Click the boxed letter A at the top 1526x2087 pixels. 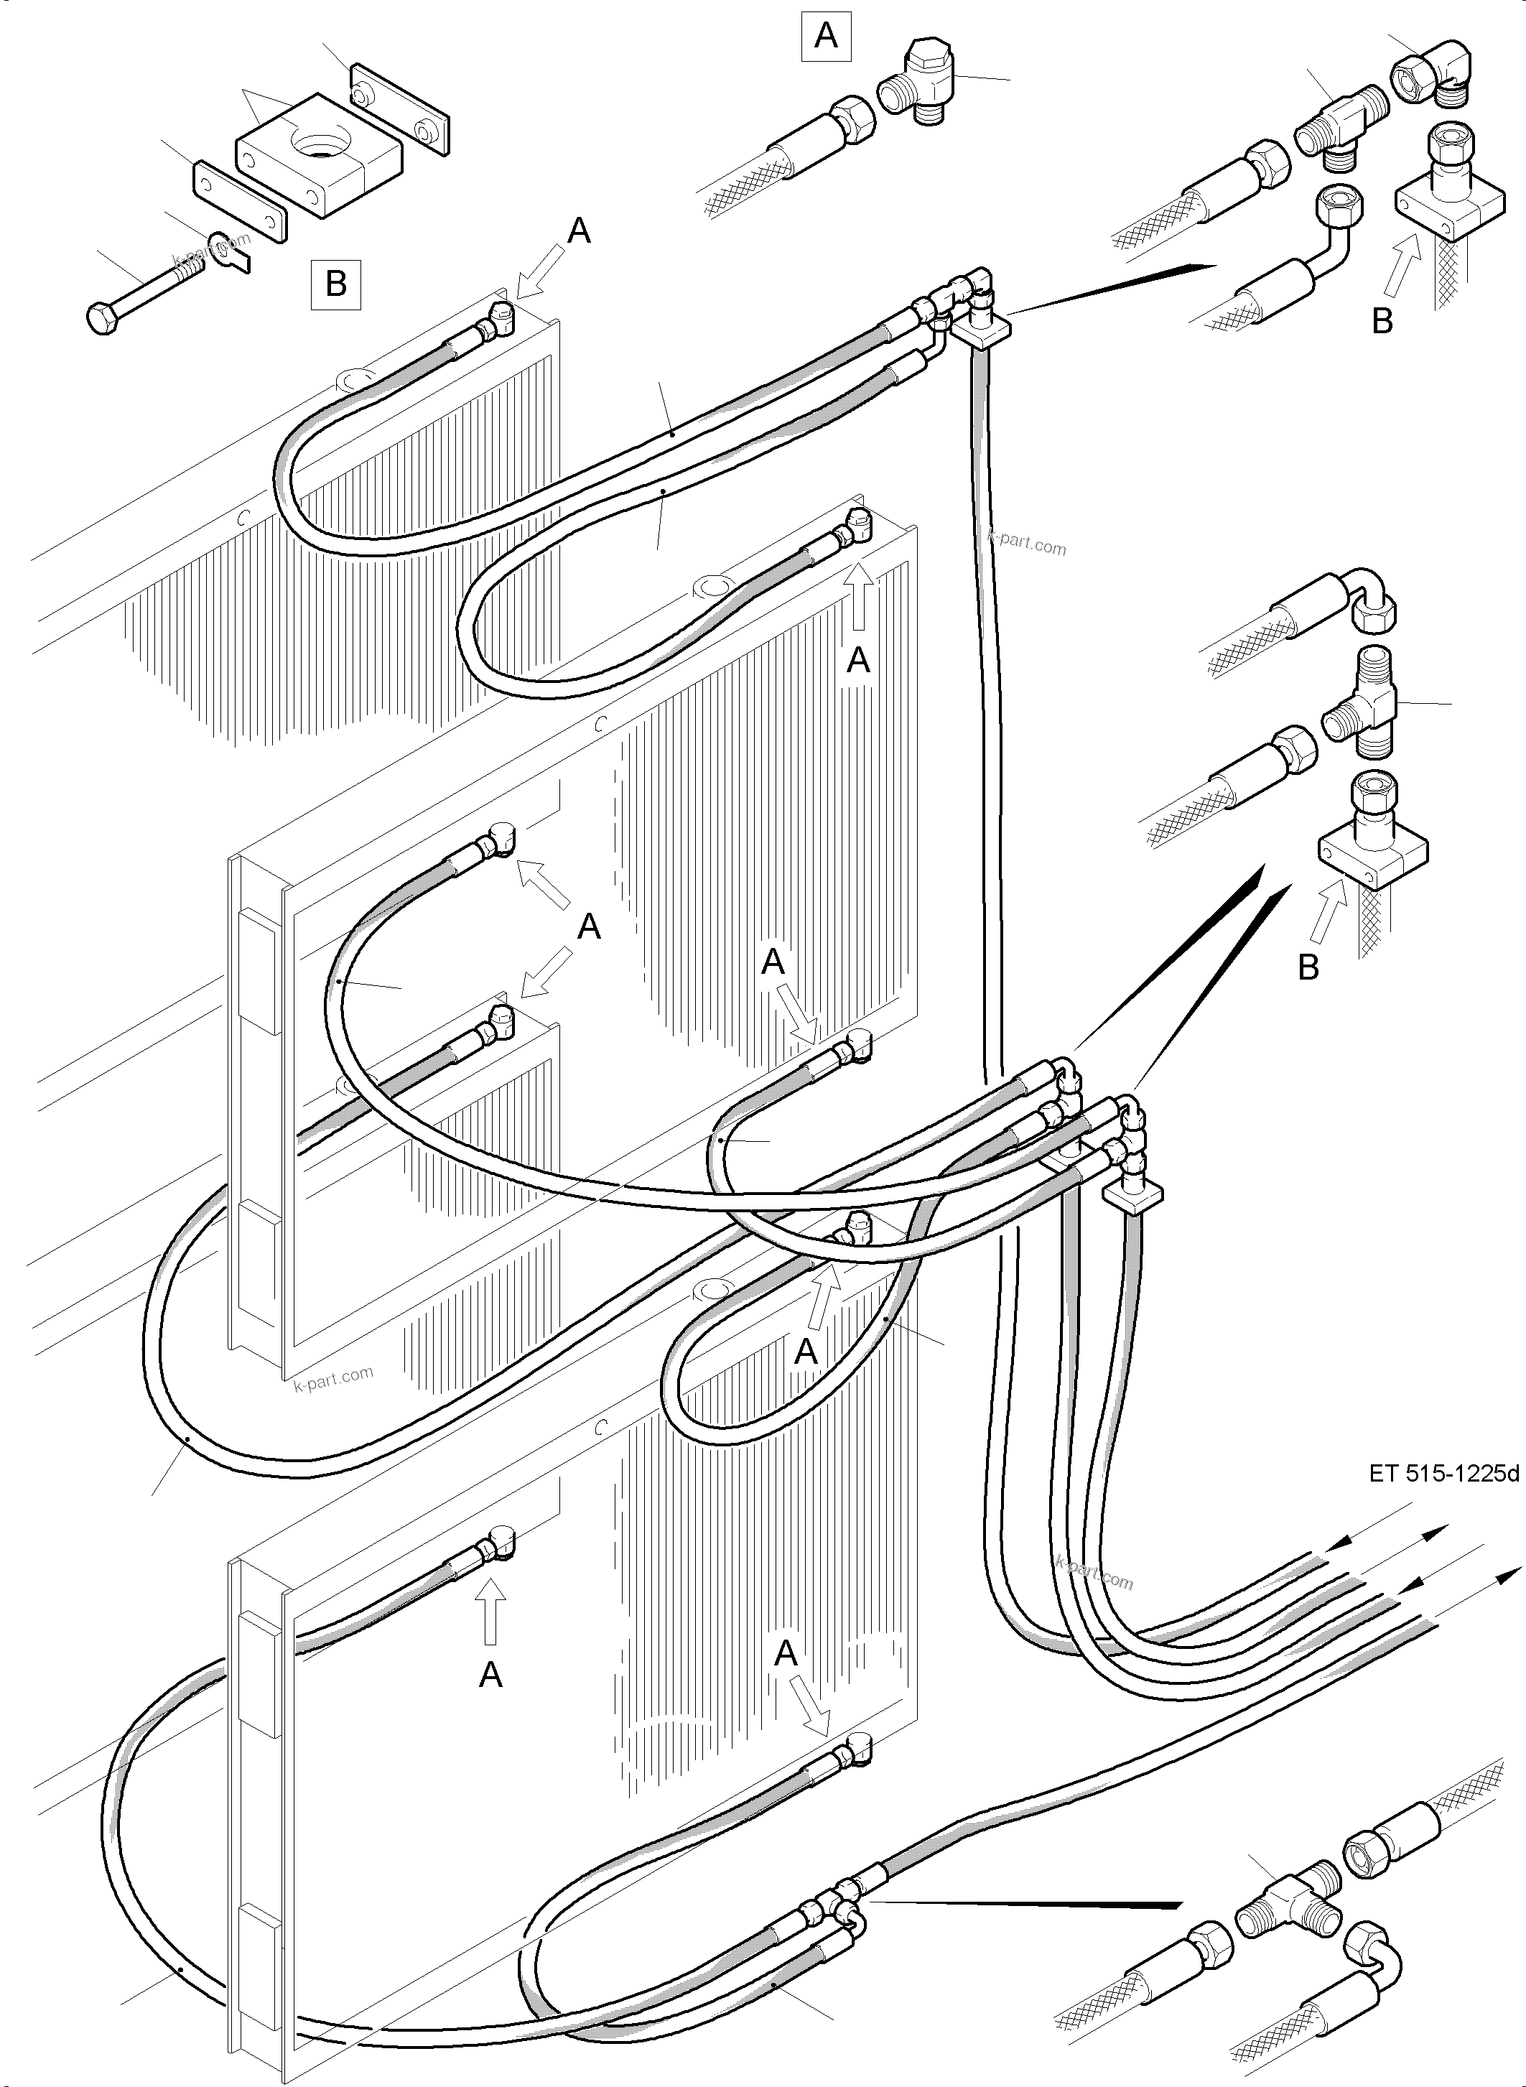pyautogui.click(x=826, y=37)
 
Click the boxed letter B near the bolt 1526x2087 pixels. pyautogui.click(x=336, y=284)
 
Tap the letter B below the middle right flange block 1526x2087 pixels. pyautogui.click(x=1308, y=967)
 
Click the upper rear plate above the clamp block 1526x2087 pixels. pyautogui.click(x=399, y=108)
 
